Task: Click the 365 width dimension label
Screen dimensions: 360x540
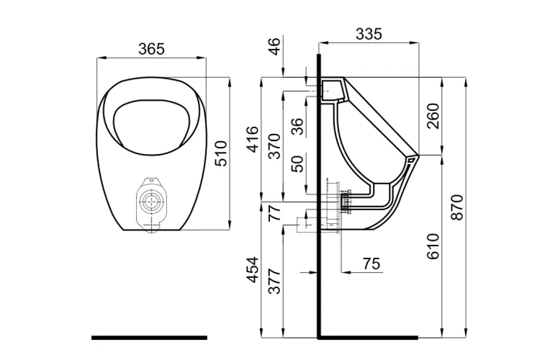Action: tap(151, 49)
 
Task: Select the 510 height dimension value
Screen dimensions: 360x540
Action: tap(222, 153)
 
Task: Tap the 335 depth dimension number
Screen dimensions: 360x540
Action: tap(369, 34)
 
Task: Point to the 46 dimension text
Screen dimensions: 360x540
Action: tap(274, 47)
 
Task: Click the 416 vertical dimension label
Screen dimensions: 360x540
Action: tap(252, 139)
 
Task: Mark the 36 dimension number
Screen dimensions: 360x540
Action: tap(296, 127)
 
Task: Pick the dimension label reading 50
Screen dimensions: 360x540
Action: tap(296, 163)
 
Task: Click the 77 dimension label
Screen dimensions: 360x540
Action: tap(274, 214)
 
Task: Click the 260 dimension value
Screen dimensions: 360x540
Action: tap(433, 115)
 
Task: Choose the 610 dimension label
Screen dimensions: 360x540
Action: tap(433, 246)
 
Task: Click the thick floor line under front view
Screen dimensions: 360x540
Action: tap(149, 337)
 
